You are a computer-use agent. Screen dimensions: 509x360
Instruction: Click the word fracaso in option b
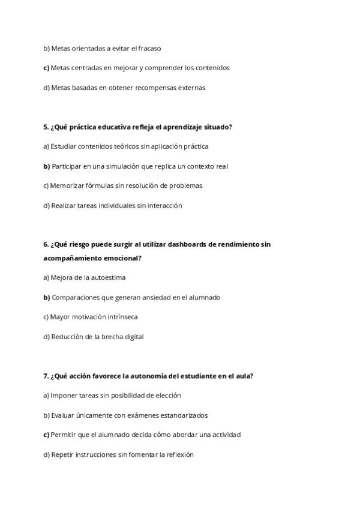(149, 48)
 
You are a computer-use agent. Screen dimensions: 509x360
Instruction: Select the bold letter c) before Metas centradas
(46, 68)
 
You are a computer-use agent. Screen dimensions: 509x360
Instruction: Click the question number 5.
(46, 127)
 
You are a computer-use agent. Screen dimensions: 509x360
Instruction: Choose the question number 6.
(46, 244)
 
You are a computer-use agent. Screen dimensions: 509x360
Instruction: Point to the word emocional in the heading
(125, 258)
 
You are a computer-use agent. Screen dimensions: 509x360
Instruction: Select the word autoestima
(109, 278)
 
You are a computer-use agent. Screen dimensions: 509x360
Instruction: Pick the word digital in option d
(133, 337)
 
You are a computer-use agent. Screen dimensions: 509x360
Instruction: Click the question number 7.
(46, 376)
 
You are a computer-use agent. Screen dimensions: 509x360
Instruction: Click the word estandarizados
(181, 415)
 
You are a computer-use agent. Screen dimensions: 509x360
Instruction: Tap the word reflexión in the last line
(179, 455)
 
